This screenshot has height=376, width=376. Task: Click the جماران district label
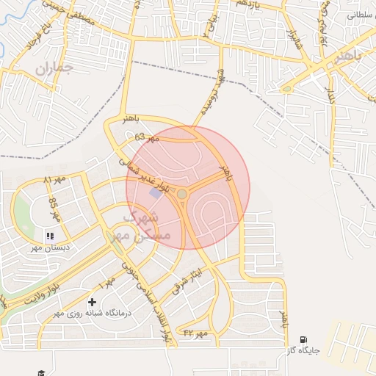tap(54, 70)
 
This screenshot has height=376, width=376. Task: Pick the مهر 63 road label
tap(147, 137)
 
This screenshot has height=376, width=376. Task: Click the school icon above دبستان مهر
tap(51, 236)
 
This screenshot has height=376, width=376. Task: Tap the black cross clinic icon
tap(92, 302)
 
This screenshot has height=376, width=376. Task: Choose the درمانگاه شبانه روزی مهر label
tap(91, 314)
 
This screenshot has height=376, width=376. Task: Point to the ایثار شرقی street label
tap(189, 278)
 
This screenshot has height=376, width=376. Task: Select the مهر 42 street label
tap(196, 333)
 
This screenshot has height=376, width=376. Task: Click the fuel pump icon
tap(303, 339)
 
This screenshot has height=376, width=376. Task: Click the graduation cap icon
tap(42, 372)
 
